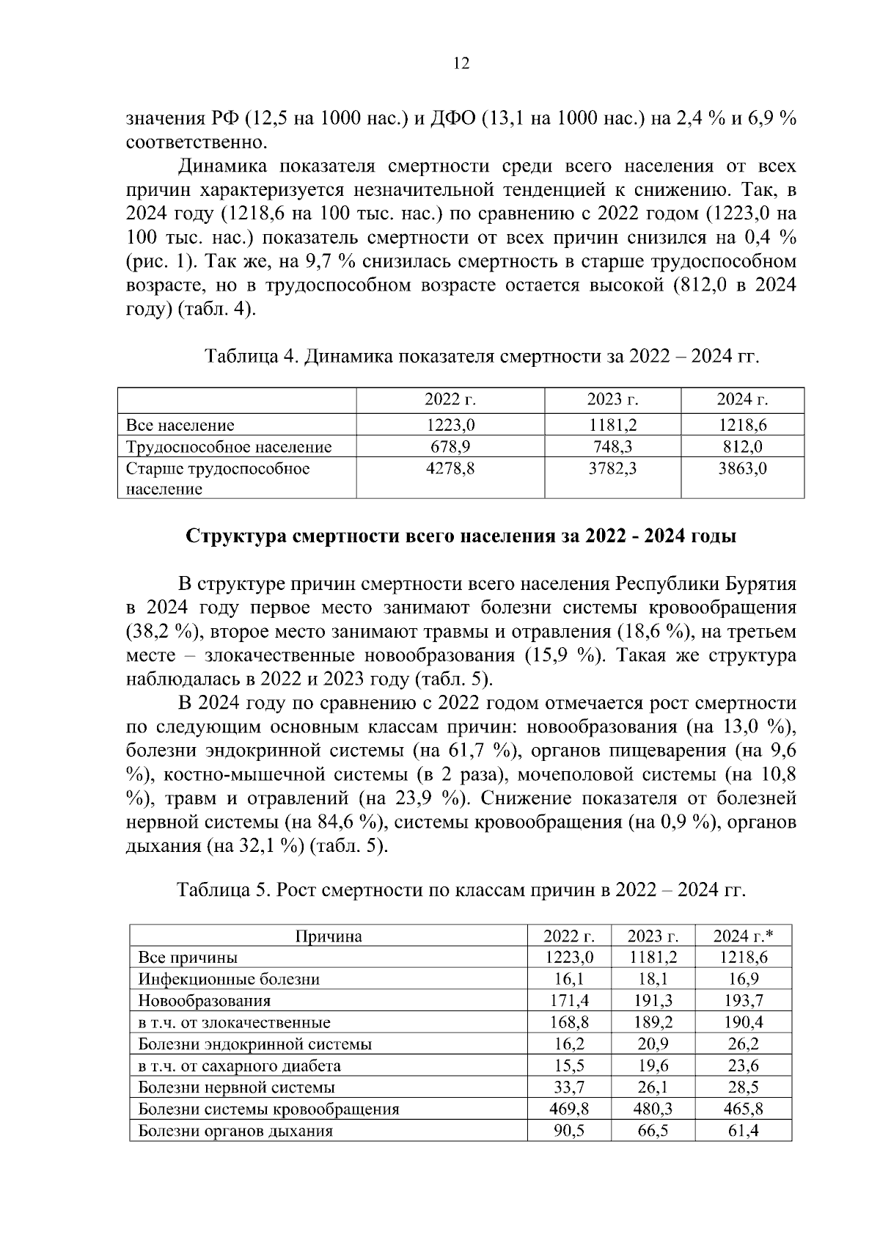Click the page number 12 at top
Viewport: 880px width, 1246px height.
(x=461, y=64)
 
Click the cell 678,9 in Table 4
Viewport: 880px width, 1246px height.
(x=450, y=447)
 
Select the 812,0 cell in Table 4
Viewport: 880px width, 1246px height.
(x=742, y=447)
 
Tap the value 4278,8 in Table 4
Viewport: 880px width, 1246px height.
(x=450, y=468)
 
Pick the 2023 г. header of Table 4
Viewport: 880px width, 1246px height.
(x=612, y=400)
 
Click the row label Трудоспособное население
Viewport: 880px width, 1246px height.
(x=229, y=447)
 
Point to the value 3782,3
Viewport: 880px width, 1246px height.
(x=612, y=468)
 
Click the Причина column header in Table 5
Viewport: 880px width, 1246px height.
(x=329, y=936)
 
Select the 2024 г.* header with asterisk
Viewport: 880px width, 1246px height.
(x=744, y=936)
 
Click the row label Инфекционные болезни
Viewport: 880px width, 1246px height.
(x=229, y=979)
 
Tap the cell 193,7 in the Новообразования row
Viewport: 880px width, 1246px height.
(x=744, y=1001)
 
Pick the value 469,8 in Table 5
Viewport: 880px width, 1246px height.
(x=569, y=1109)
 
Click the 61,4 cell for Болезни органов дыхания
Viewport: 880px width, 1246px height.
(x=744, y=1131)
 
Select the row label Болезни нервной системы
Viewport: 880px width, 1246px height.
(x=237, y=1087)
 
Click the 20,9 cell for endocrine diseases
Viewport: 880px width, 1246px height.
(x=653, y=1044)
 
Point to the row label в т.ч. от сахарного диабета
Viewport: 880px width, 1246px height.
(x=240, y=1065)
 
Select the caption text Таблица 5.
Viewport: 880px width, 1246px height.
(x=224, y=890)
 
